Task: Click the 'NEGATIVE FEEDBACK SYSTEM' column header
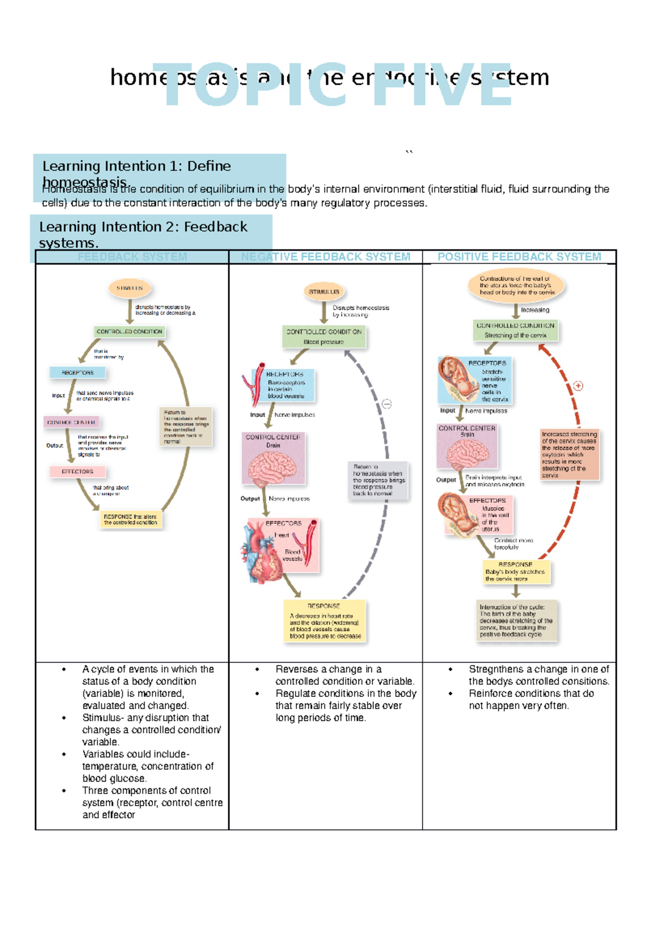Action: pos(326,257)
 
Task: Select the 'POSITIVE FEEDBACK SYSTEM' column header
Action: pos(519,257)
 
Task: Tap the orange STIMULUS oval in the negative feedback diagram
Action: pos(324,291)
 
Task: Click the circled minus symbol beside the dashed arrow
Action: pos(387,404)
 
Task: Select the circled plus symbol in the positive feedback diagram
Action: pos(578,386)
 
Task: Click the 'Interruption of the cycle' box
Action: pos(517,621)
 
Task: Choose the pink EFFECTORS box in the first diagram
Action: pos(77,471)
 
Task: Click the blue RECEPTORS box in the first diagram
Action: pos(77,372)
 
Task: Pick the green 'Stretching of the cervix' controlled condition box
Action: pos(515,330)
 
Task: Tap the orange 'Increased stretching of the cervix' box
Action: pos(569,454)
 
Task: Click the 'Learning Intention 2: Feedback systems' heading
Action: pos(143,234)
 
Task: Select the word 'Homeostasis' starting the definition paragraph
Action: pos(73,189)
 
